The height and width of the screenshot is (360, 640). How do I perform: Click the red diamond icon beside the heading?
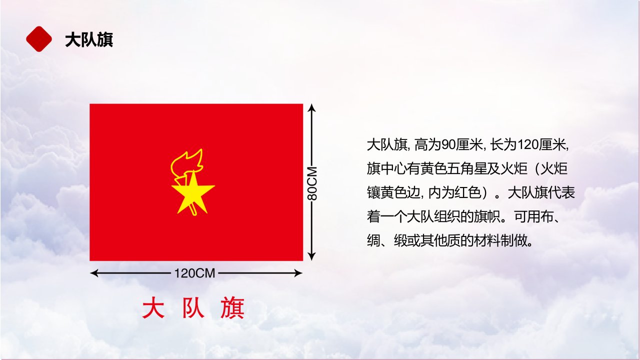tap(39, 39)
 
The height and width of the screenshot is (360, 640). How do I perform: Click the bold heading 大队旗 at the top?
tap(89, 39)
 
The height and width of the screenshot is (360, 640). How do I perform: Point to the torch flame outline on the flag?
tap(187, 164)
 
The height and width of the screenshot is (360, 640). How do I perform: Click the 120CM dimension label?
tap(194, 273)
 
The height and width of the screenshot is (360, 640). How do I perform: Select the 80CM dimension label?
tap(312, 183)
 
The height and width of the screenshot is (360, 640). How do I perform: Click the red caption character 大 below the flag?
tap(153, 307)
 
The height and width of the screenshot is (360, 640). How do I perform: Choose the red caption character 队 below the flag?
tap(193, 307)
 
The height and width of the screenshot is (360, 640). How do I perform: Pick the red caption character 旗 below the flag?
tap(232, 307)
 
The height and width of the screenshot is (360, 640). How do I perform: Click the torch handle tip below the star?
tap(194, 213)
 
